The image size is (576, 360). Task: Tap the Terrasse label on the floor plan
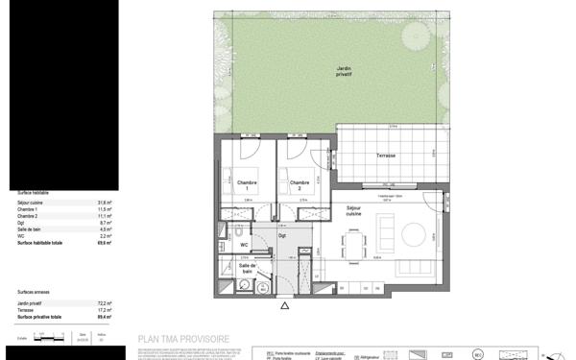pos(385,156)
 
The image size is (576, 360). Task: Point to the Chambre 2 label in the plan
pos(299,184)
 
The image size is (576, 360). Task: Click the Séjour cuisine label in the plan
pos(354,210)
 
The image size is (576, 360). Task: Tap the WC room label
pos(245,246)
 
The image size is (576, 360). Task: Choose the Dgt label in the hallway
pos(282,235)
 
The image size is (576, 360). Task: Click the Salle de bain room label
pos(247,269)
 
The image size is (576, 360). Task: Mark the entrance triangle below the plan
pos(283,307)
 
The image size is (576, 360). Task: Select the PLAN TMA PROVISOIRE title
pos(183,339)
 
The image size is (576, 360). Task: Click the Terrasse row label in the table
pos(26,310)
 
